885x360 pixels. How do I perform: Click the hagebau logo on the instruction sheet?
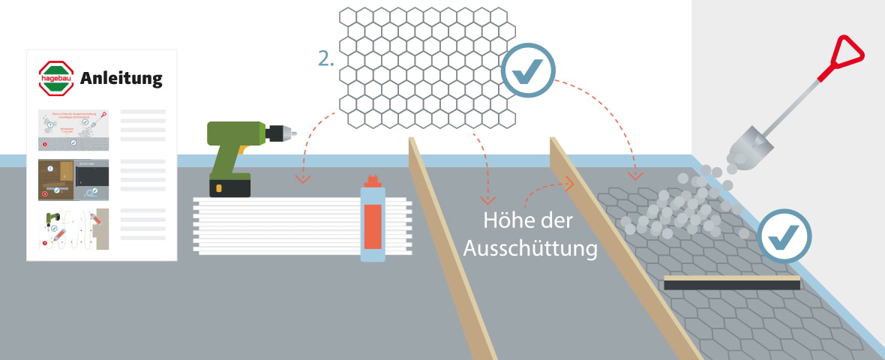(57, 78)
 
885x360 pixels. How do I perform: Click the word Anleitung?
(121, 78)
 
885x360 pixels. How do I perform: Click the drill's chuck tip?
(291, 133)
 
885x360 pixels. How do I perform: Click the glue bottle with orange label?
(372, 222)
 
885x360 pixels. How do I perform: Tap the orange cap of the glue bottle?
(372, 181)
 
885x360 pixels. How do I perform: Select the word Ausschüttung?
(530, 248)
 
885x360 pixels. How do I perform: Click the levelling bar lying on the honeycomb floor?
(732, 282)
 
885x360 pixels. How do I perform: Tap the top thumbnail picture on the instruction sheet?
(73, 129)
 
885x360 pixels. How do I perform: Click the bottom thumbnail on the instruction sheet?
(73, 228)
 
